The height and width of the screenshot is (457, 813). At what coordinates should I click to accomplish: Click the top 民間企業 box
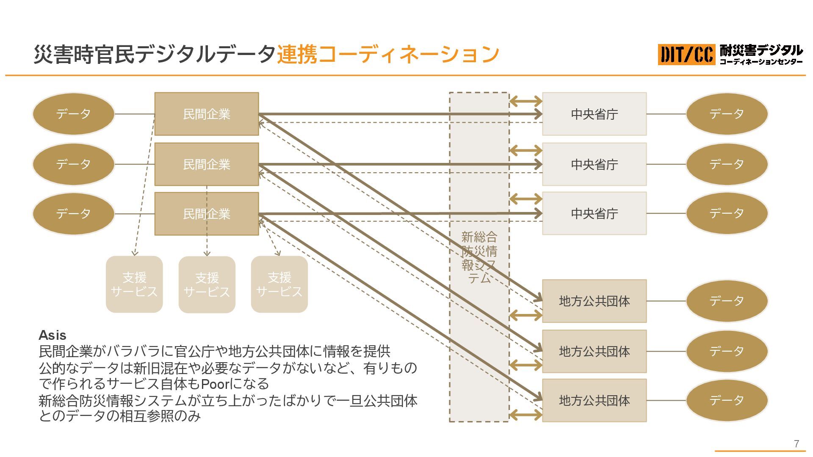coord(206,114)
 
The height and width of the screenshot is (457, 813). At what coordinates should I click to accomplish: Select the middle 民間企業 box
coord(206,164)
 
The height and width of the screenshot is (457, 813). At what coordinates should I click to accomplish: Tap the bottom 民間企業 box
coord(206,214)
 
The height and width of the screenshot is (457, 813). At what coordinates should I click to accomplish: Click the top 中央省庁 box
coord(594,114)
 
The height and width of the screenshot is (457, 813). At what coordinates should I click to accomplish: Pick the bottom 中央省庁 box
coord(594,213)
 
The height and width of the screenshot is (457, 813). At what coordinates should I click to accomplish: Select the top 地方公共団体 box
coord(594,301)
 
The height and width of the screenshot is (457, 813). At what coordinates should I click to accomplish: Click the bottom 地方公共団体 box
coord(594,400)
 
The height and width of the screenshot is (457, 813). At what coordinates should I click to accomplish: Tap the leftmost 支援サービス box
coord(134,284)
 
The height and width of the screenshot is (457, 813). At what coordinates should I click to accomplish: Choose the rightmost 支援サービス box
coord(279,284)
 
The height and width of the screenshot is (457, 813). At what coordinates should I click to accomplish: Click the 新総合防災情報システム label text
coord(479,257)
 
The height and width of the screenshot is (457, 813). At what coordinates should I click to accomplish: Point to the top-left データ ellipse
coord(73,114)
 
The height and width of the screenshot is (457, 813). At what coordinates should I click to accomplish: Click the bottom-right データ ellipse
coord(727,400)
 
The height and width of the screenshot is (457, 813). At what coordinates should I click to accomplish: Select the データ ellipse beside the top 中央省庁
coord(727,114)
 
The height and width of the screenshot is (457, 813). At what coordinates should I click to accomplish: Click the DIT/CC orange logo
coord(686,55)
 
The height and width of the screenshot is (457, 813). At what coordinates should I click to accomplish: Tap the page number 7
coord(796,443)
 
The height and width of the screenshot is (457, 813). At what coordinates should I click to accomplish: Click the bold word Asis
coord(53,335)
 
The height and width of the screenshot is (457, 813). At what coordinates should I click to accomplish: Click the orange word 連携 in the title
coord(297,54)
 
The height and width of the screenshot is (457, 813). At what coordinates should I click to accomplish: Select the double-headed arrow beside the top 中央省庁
coord(525,101)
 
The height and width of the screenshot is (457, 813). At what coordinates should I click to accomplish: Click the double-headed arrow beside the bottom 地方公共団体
coord(525,414)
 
